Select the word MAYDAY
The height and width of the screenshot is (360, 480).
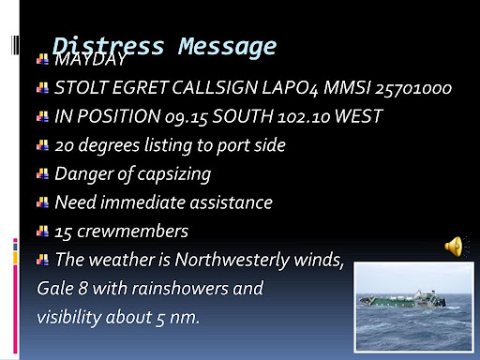click(x=90, y=61)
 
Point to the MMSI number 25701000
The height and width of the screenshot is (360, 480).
click(x=413, y=89)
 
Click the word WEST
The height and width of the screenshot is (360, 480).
click(x=357, y=117)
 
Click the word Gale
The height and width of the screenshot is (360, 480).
click(x=55, y=288)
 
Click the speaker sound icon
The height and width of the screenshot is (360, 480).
click(x=455, y=247)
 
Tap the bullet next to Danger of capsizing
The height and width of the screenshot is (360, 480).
click(x=42, y=173)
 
